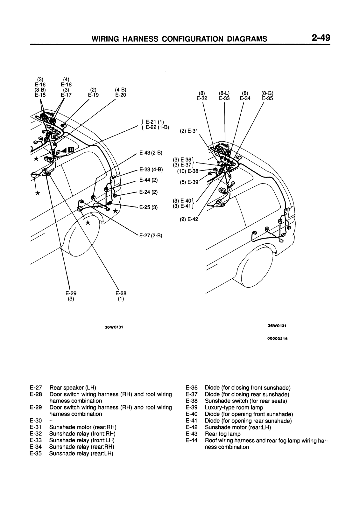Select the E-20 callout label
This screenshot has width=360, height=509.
(121, 94)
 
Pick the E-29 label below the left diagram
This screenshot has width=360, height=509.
(71, 293)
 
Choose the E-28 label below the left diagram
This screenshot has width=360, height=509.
(121, 293)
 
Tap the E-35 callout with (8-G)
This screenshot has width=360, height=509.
(267, 98)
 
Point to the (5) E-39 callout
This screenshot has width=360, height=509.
(189, 182)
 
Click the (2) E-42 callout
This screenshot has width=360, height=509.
(189, 219)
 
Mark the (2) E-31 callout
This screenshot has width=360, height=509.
(189, 131)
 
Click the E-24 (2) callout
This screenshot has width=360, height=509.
(148, 192)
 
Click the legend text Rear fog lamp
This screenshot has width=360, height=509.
(222, 434)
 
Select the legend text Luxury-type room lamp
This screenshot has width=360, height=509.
(234, 408)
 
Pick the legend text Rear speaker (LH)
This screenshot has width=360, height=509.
(73, 388)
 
